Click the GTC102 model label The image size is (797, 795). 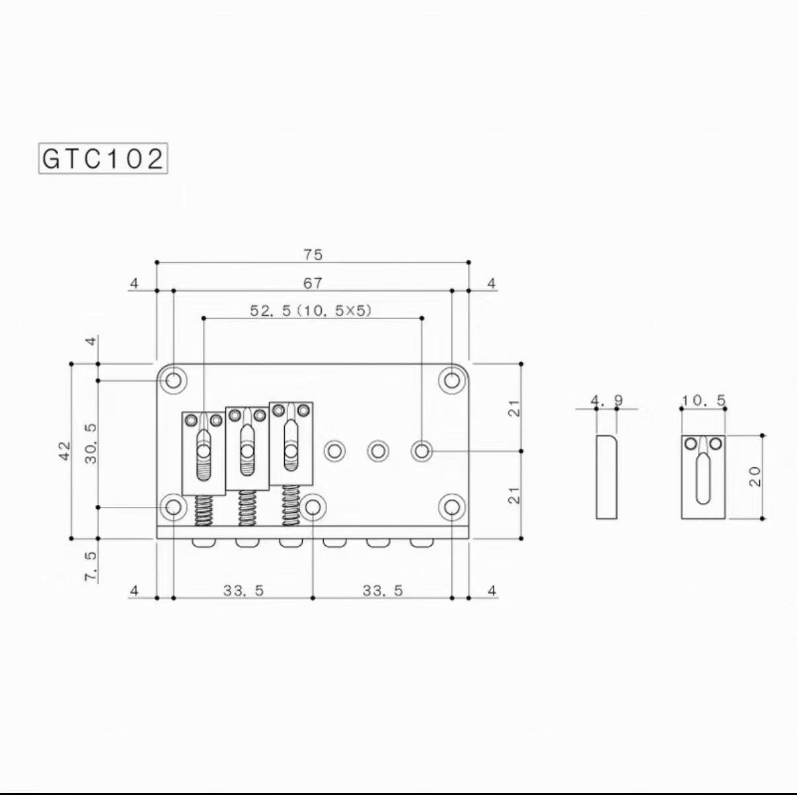coord(103,159)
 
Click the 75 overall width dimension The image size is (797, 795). coord(313,254)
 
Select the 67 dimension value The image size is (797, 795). coord(313,284)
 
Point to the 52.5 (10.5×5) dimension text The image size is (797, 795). coord(310,310)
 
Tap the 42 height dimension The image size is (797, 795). coord(65,451)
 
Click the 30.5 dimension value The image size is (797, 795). coord(91,443)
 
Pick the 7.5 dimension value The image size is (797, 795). coord(91,566)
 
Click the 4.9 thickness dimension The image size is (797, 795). coord(607,400)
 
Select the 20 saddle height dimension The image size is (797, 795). coord(755,477)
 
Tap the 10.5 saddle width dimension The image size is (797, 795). coord(704,400)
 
